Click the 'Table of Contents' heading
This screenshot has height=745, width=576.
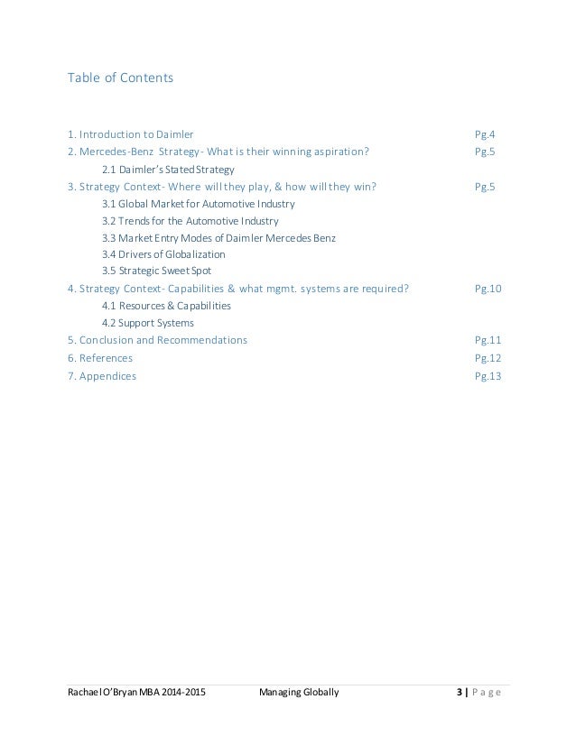click(x=120, y=78)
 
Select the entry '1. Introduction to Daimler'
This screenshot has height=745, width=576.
click(x=130, y=134)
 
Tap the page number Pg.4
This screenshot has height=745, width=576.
click(x=485, y=134)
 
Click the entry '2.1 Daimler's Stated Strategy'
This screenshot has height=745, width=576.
click(x=168, y=169)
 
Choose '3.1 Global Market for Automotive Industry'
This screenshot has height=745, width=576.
click(x=199, y=204)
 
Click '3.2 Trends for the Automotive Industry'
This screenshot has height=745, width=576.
click(x=190, y=221)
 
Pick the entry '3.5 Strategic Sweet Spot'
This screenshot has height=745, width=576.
click(x=158, y=271)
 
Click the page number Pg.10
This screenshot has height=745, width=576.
click(x=488, y=289)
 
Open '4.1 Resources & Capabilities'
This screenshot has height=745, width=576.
click(x=166, y=306)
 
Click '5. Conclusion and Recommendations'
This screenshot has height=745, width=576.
click(x=157, y=340)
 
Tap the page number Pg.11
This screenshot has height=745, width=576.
click(x=488, y=340)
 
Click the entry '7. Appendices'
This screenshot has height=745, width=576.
click(x=102, y=375)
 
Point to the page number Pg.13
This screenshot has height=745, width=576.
click(x=488, y=375)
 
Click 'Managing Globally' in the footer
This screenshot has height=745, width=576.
click(x=299, y=692)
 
